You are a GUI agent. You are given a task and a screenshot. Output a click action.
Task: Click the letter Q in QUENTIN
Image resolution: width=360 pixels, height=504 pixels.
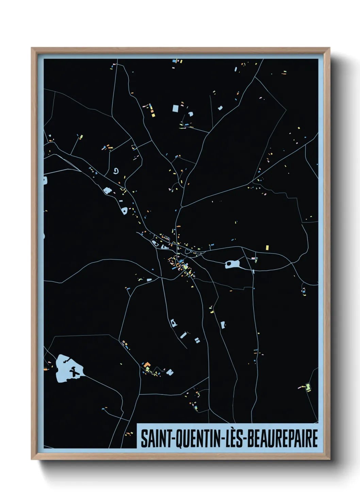tap(178, 439)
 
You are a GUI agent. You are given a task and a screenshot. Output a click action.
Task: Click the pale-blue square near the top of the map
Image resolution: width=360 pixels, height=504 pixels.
tap(175, 109)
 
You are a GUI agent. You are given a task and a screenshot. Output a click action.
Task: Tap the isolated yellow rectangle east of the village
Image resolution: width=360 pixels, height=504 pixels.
tap(267, 247)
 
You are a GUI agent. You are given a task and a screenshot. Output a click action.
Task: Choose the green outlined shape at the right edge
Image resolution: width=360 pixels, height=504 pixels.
tap(308, 387)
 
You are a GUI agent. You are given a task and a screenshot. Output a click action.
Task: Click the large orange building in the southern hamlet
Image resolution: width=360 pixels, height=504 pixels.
tap(147, 366)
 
